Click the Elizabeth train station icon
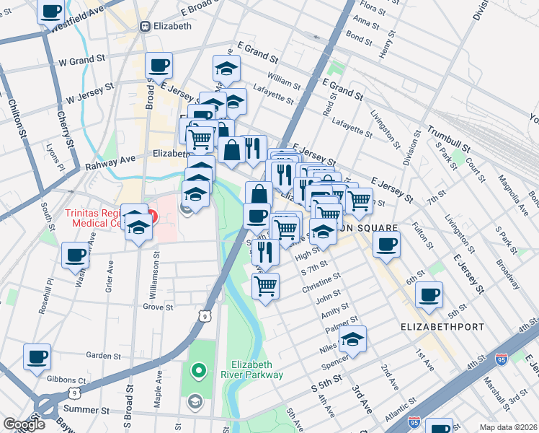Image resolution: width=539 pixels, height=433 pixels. click(x=145, y=26)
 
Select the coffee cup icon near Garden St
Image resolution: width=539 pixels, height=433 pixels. click(x=37, y=356)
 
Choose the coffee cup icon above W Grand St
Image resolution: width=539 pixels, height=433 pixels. click(x=159, y=65)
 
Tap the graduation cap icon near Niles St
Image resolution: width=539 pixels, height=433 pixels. click(x=352, y=338)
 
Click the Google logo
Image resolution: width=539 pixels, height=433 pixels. click(x=24, y=424)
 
